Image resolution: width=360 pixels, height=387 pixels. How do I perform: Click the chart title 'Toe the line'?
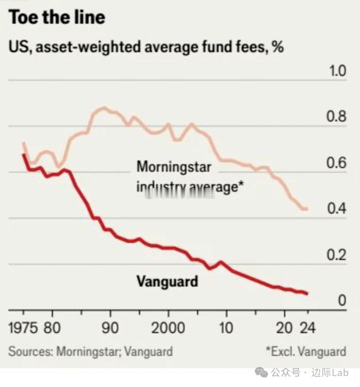coord(57,17)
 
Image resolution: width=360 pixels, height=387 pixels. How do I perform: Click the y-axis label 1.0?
coord(337,71)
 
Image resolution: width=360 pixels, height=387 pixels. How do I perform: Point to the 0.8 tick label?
coord(336,116)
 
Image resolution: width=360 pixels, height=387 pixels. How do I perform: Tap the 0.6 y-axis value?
coord(336,163)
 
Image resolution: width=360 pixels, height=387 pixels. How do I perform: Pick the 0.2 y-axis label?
coord(336,255)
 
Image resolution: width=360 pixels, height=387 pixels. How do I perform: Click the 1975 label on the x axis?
coord(23,328)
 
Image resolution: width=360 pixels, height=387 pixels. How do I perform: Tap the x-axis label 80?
coord(52,328)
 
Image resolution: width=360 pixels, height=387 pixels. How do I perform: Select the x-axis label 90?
coord(110,328)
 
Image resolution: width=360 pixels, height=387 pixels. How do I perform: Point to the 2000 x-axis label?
coord(168,328)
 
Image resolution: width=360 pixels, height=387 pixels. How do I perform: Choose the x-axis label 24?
coord(307,328)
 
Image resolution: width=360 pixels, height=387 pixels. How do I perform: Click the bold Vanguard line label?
coord(167,281)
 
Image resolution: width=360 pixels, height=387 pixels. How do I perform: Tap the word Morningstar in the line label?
coord(174,166)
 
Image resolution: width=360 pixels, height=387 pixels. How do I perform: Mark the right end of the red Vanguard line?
coord(307,294)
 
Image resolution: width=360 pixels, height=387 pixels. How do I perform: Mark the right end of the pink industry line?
coord(307,209)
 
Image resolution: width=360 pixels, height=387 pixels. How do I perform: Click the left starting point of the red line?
coord(23,155)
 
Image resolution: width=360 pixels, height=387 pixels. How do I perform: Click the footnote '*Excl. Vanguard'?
coord(306,352)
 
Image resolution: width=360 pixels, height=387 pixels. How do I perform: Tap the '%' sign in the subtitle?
coord(278,47)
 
